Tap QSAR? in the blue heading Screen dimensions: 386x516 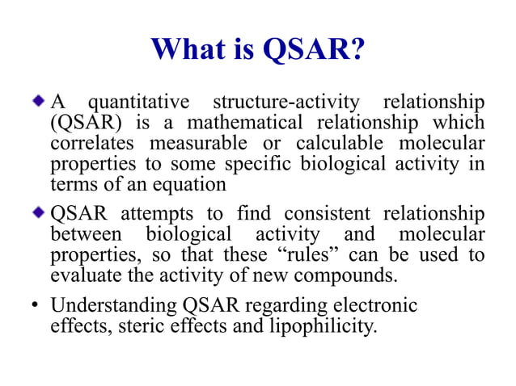(x=314, y=50)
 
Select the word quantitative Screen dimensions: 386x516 (x=139, y=103)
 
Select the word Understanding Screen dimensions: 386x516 (x=101, y=306)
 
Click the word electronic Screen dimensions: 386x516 (x=379, y=306)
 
